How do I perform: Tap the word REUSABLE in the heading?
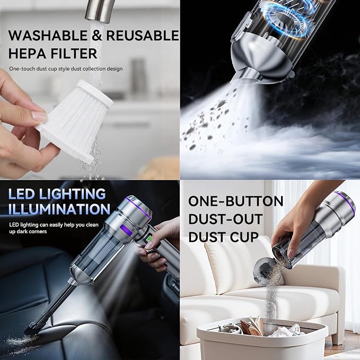coord(143,36)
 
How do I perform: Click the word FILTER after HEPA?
coord(74,53)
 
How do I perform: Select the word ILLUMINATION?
coord(59,209)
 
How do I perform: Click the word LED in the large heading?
coord(22,194)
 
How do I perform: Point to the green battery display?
coord(150,239)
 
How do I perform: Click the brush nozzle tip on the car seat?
coord(30,328)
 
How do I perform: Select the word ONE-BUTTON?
coord(236,201)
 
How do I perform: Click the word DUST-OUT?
coord(225,219)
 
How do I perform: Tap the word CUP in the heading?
coord(244,237)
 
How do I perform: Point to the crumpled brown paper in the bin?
coord(252,326)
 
